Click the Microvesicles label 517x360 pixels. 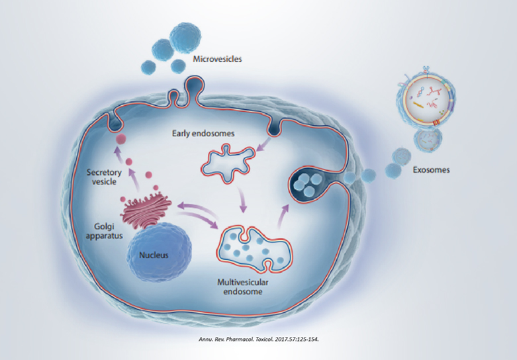pyautogui.click(x=217, y=59)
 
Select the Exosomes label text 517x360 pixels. pyautogui.click(x=429, y=169)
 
